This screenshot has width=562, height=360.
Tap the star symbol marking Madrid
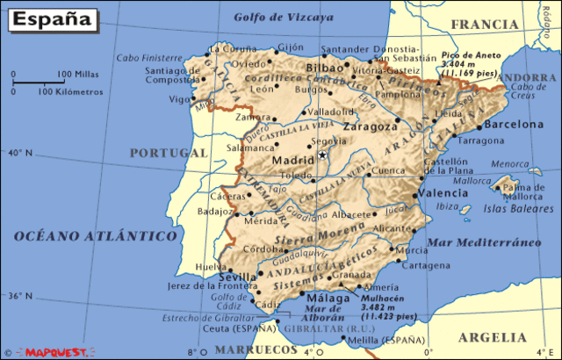click(x=322, y=155)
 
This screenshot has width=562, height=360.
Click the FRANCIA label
click(x=481, y=25)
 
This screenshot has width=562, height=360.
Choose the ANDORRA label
click(x=528, y=76)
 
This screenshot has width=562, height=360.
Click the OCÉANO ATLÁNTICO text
click(x=96, y=235)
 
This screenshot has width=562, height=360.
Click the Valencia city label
click(x=443, y=193)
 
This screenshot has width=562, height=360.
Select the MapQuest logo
click(x=56, y=352)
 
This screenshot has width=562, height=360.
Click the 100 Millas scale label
click(x=76, y=74)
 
